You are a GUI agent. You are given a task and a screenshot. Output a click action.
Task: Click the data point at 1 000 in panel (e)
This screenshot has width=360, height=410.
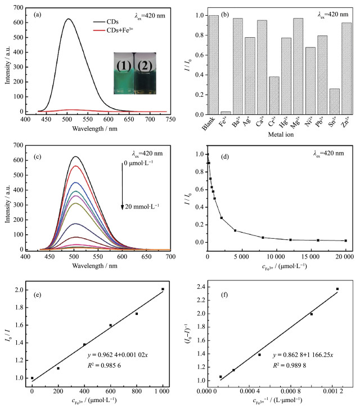pos(163,289)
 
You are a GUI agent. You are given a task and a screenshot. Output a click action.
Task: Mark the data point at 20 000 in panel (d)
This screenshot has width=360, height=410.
pos(345,240)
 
